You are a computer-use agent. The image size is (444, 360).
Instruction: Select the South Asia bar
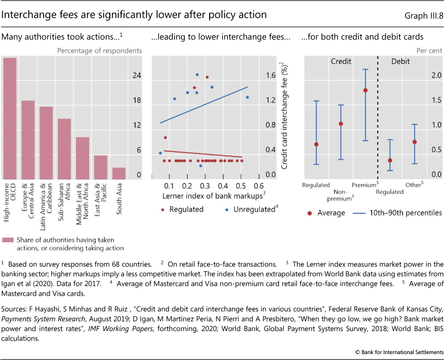tap(119, 174)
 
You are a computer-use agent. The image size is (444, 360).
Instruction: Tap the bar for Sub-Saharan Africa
tap(64, 149)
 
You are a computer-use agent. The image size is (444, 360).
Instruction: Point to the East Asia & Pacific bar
tap(101, 168)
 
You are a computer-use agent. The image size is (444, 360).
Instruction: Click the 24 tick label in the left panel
tap(137, 76)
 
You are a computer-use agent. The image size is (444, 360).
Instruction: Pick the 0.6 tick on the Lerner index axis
tap(258, 186)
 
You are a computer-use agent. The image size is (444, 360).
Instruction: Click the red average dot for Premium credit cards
tap(365, 90)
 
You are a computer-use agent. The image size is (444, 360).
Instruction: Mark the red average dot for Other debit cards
tap(415, 142)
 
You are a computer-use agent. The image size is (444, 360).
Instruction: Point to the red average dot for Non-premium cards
tap(341, 124)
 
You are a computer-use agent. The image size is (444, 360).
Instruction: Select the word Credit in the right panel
tap(341, 61)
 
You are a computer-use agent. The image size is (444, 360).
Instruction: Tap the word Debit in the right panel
tap(401, 61)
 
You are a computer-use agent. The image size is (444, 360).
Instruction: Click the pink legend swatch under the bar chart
tap(8, 240)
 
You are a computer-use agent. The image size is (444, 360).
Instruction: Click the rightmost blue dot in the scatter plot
tap(247, 97)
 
